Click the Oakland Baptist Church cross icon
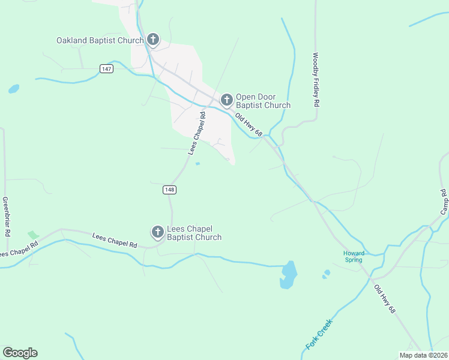click(152, 40)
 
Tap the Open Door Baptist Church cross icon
click(226, 99)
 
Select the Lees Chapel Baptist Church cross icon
click(157, 232)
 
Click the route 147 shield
click(106, 69)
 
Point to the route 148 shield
click(169, 190)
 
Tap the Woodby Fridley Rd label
click(315, 80)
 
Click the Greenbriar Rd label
click(7, 207)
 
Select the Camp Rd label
click(444, 202)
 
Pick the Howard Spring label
click(354, 257)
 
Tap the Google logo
click(20, 353)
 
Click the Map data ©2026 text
click(423, 355)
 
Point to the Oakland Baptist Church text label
click(100, 41)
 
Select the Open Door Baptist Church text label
click(263, 101)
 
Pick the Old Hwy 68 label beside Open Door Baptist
click(249, 125)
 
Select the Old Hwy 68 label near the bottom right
click(385, 299)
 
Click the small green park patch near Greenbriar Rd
click(33, 235)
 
